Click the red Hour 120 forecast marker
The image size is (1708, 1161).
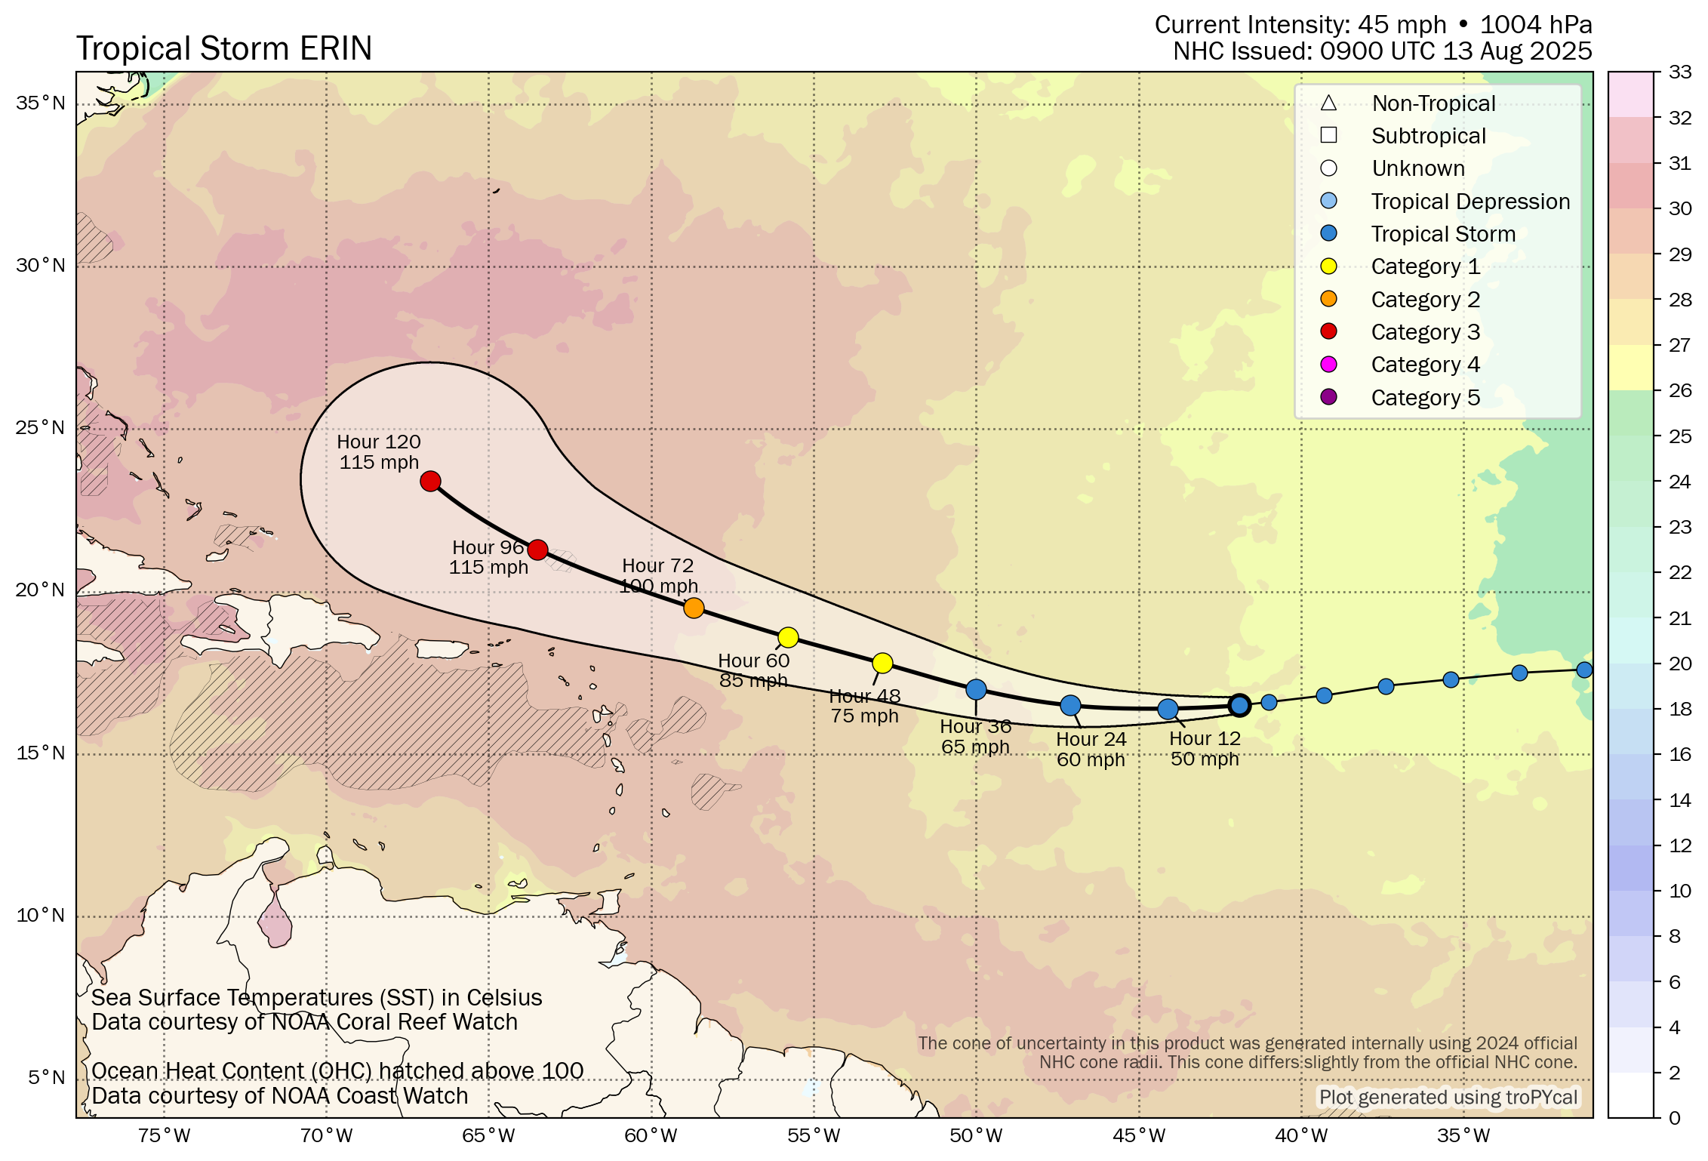430,481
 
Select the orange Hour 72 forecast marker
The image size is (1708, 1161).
694,608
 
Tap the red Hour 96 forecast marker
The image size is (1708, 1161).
537,550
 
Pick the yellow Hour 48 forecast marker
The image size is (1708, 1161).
882,663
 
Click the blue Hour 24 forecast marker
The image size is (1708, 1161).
1070,706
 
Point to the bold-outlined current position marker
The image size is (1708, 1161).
1239,705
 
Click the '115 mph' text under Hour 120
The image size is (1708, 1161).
378,462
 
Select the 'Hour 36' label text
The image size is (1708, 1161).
975,726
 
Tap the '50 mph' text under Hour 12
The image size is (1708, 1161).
1205,759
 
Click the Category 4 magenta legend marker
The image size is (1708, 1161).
1329,365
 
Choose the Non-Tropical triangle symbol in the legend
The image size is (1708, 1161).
1329,103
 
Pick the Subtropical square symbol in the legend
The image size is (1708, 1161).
1329,136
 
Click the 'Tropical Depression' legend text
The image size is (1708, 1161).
1470,202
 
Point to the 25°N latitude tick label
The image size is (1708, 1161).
41,428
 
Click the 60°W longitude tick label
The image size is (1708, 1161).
651,1135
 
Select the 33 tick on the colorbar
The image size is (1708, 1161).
1679,72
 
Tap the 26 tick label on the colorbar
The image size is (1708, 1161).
1679,390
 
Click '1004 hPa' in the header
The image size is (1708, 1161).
1536,25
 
